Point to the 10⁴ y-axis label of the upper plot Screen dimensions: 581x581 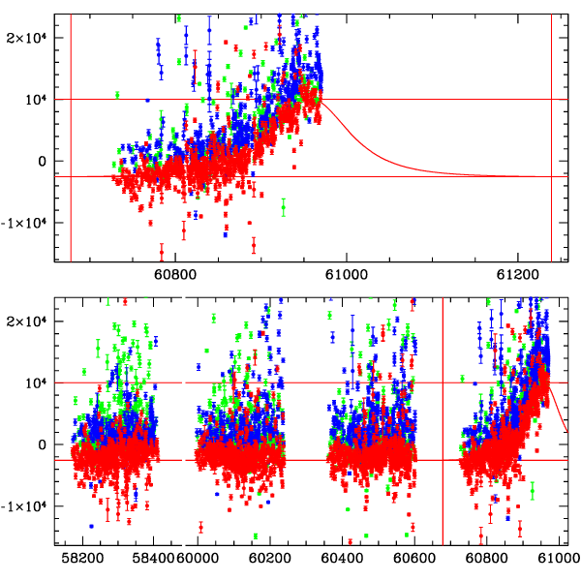point(36,99)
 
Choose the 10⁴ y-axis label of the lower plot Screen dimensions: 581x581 point(36,382)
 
